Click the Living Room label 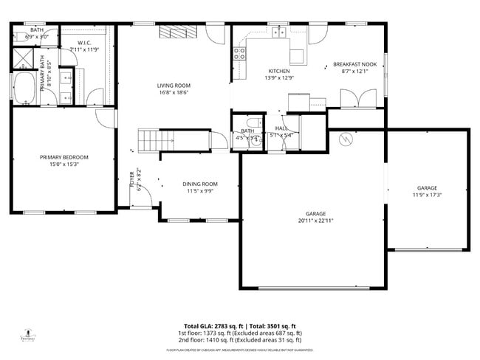(173, 86)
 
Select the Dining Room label (200, 184)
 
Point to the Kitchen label (278, 71)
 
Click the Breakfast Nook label (354, 64)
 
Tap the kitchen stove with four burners (239, 53)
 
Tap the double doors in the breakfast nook (351, 99)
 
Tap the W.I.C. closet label (83, 46)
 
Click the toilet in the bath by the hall (253, 123)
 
